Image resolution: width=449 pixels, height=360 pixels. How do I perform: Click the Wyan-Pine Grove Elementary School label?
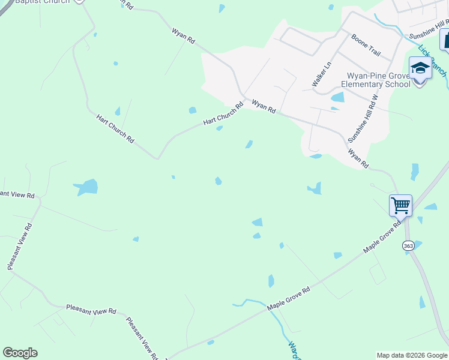(x=378, y=80)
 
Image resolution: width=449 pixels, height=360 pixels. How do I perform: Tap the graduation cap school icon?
(x=420, y=68)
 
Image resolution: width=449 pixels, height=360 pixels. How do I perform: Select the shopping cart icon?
(x=400, y=205)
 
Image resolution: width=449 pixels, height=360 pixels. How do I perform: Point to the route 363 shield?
(x=408, y=245)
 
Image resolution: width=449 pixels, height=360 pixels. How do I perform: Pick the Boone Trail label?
(x=366, y=45)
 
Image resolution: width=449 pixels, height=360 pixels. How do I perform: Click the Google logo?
(x=20, y=353)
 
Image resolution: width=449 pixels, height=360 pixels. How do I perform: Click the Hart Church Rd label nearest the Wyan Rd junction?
(x=223, y=113)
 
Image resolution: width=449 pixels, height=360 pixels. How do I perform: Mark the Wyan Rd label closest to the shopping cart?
(x=358, y=158)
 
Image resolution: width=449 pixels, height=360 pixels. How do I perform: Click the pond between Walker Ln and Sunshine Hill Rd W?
(x=338, y=97)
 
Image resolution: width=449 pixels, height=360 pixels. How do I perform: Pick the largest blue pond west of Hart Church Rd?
(x=87, y=187)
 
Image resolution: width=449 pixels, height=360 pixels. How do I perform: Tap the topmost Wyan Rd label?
(x=183, y=35)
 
